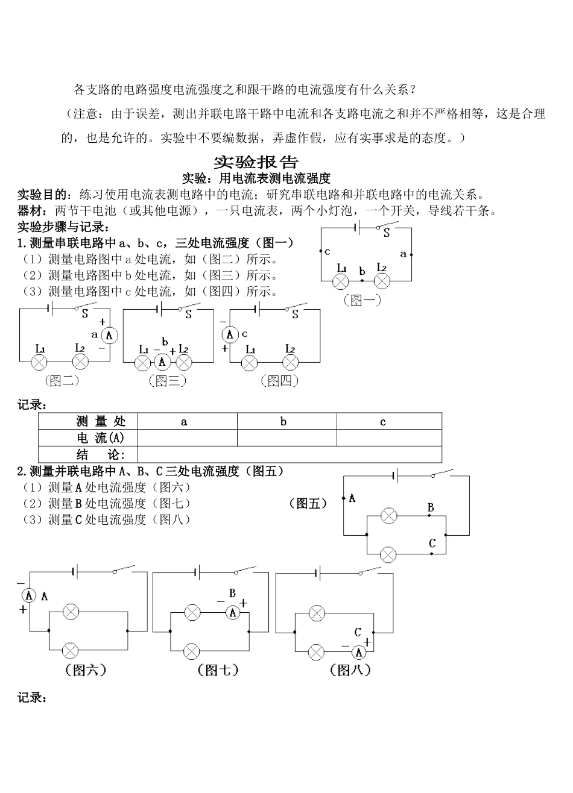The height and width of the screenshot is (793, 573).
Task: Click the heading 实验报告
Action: tap(256, 162)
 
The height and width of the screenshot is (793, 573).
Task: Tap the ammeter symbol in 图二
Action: tap(109, 336)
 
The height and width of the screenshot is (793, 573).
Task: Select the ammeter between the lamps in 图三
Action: tap(162, 362)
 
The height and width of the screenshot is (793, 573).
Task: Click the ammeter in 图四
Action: tap(230, 334)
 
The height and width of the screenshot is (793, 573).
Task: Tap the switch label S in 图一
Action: tap(387, 234)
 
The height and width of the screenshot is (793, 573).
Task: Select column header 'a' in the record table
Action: tap(184, 422)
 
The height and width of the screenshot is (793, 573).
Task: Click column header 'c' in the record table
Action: tap(382, 422)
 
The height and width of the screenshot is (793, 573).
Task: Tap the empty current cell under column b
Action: tap(286, 438)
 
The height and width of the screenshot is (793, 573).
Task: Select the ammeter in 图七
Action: tap(233, 613)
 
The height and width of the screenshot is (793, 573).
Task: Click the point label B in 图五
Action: tap(431, 508)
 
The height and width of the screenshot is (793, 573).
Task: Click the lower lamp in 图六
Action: tap(71, 650)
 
